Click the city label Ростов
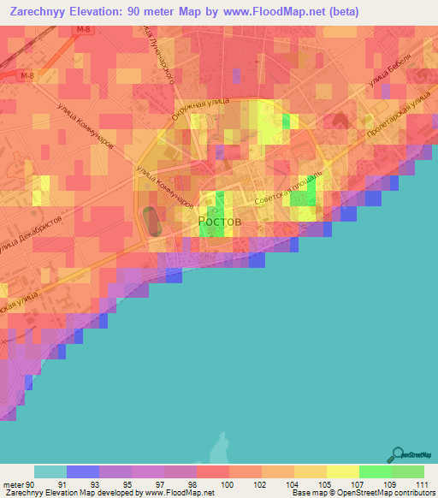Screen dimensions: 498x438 point(220,221)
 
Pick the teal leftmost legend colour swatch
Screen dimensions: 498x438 point(50,471)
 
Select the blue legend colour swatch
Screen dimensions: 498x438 point(83,471)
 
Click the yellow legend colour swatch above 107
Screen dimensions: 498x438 point(343,471)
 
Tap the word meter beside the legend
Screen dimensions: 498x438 point(12,484)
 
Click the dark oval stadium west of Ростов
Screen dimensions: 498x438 point(151,221)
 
